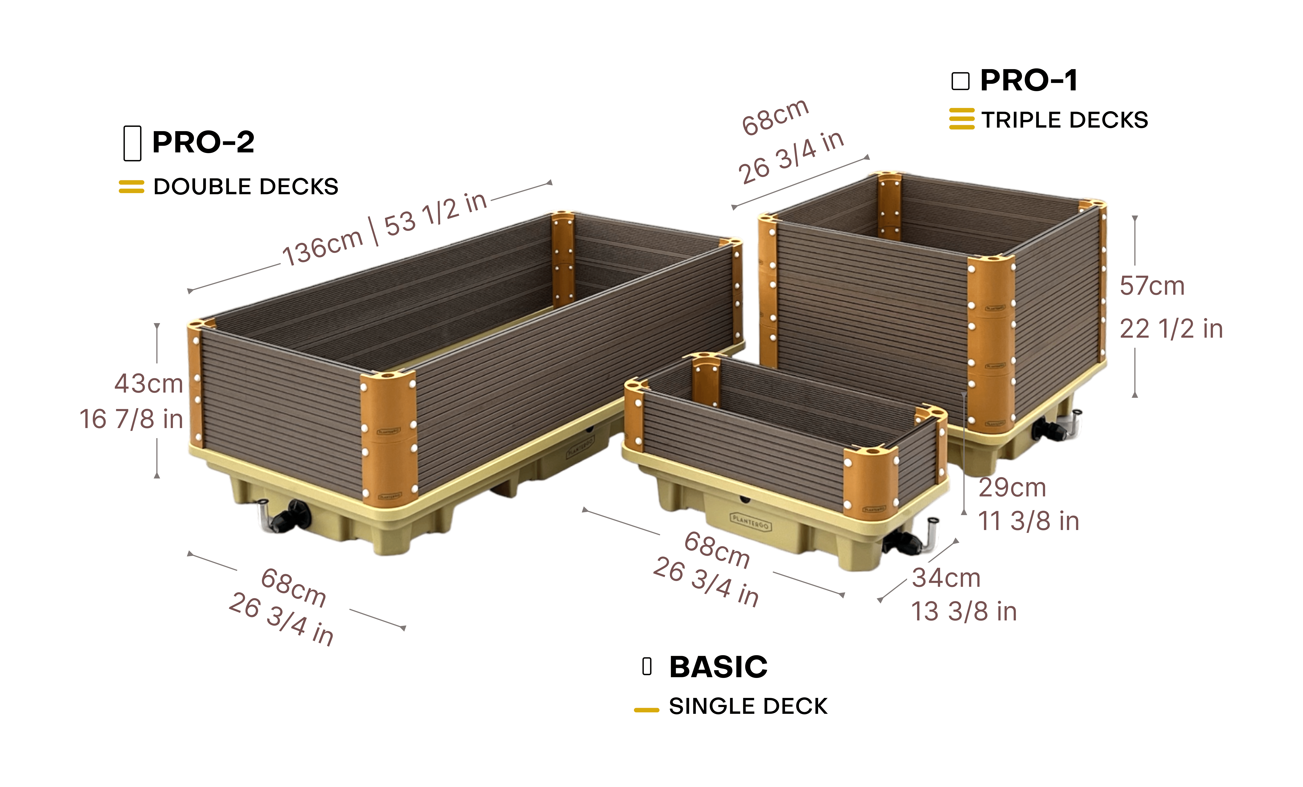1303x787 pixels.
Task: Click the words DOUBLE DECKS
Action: coord(246,187)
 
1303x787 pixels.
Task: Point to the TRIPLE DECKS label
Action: coord(1064,120)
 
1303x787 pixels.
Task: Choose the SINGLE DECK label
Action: coord(748,707)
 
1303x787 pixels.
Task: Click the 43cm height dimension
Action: coord(149,383)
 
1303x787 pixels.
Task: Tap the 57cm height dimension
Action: coord(1152,286)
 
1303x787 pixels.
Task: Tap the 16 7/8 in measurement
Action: coord(131,419)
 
